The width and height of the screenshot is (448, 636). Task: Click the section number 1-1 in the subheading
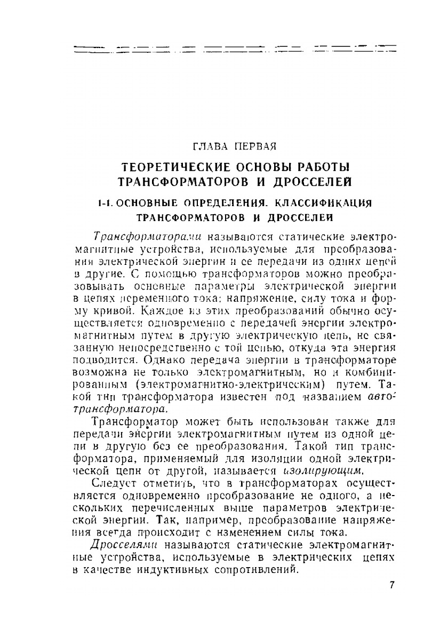104,203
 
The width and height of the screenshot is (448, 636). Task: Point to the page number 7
392,585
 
